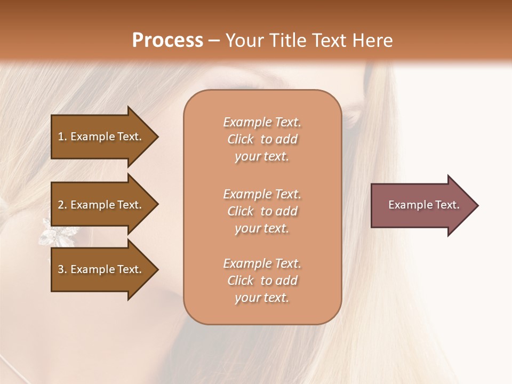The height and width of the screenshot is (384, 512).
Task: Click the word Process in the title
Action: click(167, 41)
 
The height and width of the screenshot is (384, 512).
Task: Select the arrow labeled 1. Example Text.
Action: click(101, 137)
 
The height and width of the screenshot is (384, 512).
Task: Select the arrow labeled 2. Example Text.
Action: click(101, 205)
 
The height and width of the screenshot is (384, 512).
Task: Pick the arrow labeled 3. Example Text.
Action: click(101, 269)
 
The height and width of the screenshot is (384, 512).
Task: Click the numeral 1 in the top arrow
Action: click(60, 137)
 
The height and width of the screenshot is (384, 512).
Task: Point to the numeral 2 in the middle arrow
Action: click(61, 205)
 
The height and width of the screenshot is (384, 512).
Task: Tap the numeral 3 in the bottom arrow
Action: click(61, 269)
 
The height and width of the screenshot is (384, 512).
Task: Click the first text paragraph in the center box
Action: click(262, 139)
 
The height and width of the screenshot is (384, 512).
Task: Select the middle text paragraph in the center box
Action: click(262, 211)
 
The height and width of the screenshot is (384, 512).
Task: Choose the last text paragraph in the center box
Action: click(262, 281)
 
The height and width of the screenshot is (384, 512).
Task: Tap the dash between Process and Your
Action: click(214, 41)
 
